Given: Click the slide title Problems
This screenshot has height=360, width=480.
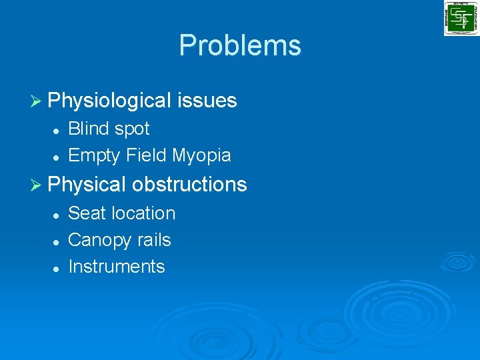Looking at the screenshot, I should click(x=240, y=45).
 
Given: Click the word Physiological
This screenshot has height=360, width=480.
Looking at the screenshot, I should click(x=110, y=101).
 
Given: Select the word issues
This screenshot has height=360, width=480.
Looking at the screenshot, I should click(x=207, y=101).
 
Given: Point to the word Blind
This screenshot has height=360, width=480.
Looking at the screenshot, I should click(x=90, y=129).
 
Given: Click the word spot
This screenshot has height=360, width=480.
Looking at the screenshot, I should click(x=133, y=129).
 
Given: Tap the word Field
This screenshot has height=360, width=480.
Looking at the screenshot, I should click(x=147, y=155).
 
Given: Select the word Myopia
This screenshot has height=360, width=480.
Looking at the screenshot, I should click(x=201, y=156).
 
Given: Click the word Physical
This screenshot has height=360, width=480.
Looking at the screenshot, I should click(x=87, y=185).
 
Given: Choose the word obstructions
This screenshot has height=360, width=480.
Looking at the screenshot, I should click(x=189, y=185).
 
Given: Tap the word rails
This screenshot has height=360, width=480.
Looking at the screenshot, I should click(x=154, y=240).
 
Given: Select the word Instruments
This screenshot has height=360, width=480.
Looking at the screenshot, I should click(x=117, y=267).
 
